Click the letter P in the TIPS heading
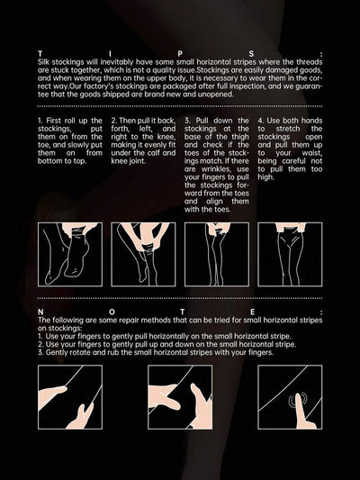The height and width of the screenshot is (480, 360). (x=180, y=54)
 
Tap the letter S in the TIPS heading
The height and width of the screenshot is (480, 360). (x=251, y=54)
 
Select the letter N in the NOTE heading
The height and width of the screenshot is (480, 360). (x=40, y=312)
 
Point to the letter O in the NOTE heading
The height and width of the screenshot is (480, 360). (x=112, y=312)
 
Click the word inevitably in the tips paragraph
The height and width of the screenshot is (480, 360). (x=116, y=62)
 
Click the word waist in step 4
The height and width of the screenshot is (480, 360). (x=312, y=153)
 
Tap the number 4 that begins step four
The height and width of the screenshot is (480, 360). (x=260, y=121)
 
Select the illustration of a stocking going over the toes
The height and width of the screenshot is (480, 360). (x=70, y=254)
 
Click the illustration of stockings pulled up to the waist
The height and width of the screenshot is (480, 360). (x=290, y=254)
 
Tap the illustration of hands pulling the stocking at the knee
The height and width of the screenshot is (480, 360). (x=143, y=254)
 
